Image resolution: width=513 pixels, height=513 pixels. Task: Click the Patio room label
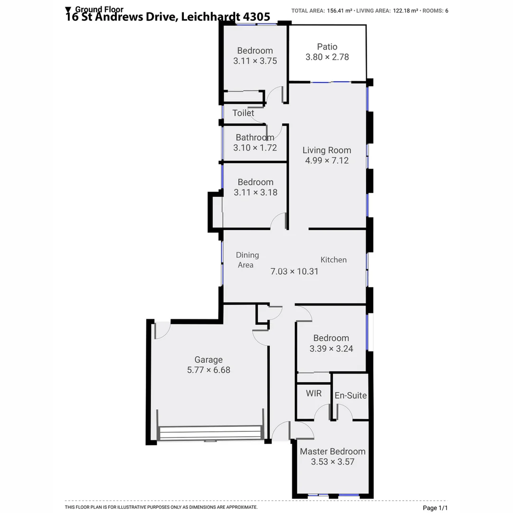327,47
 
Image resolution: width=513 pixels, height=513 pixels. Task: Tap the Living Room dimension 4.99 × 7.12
327,161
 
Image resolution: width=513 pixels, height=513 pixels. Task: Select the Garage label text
208,360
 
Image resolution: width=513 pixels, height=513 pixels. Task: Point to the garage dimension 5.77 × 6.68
209,370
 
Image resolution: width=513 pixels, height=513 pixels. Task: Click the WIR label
313,393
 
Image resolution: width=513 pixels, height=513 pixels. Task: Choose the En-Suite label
351,395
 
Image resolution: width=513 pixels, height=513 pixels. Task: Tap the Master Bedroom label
332,451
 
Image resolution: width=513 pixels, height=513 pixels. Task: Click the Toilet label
243,113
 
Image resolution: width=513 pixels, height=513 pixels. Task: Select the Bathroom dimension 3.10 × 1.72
255,148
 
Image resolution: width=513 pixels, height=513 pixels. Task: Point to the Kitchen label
333,260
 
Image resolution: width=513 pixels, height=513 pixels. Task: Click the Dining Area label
247,260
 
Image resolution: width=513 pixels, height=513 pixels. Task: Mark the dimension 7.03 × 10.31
294,272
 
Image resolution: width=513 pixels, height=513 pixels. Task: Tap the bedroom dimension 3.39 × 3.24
331,348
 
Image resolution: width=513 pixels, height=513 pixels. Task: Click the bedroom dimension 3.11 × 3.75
255,61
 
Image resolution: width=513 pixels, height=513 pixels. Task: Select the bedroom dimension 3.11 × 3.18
255,192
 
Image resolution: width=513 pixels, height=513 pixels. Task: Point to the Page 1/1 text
435,508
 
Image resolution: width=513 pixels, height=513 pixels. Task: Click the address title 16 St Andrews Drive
168,17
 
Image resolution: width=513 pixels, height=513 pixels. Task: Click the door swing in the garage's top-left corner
161,330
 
